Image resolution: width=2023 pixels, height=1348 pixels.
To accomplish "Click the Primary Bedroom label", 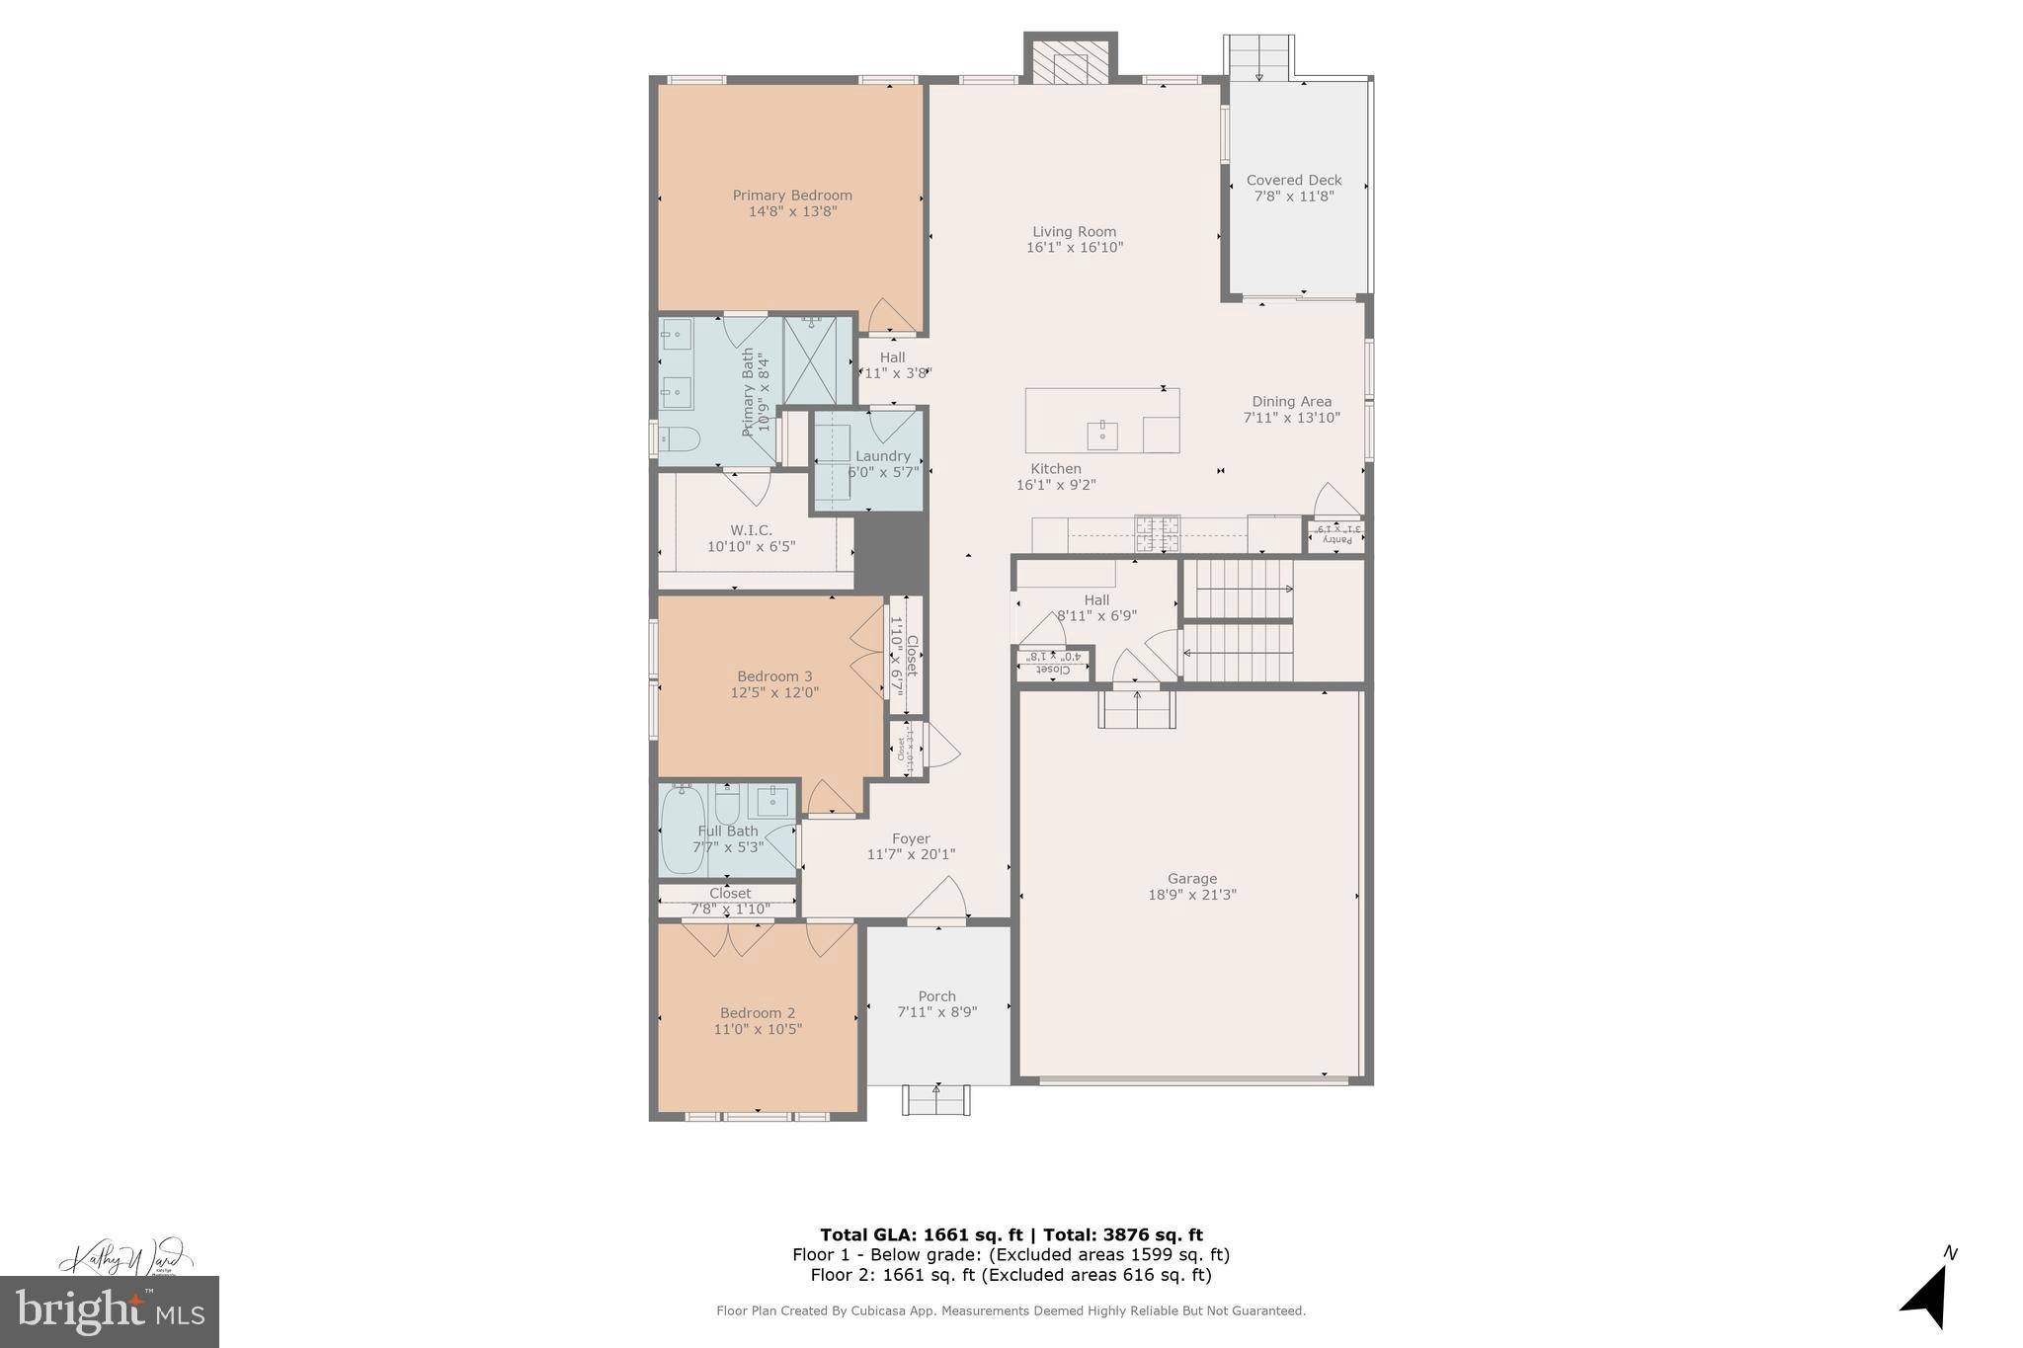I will coord(791,196).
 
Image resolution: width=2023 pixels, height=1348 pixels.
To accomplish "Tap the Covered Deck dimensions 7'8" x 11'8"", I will coord(1293,197).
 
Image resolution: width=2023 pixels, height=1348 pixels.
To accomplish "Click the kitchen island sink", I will coord(1101,434).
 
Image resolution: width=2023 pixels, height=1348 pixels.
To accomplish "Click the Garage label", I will coord(1191,879).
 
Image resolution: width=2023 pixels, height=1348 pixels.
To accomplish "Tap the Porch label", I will coord(936,996).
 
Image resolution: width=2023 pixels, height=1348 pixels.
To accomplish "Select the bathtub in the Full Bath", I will coord(683,830).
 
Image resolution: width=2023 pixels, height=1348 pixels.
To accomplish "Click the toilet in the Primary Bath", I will coord(679,438).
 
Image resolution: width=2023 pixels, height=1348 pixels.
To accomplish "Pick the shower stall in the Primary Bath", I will coord(817,359).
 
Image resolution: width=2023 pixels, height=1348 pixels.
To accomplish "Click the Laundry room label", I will coord(882,456).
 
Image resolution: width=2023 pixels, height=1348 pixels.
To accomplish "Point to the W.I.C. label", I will coord(751,530).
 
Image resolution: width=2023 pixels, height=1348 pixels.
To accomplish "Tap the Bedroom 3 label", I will coord(774,676).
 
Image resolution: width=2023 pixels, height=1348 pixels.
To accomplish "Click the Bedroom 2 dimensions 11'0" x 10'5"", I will coord(758,1029).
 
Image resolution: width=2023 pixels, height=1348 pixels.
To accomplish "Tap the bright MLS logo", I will coord(110,1311).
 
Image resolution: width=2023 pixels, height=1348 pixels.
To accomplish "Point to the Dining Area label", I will coord(1291,402).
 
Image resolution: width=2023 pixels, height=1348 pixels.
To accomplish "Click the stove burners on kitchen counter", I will coord(1157,533).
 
